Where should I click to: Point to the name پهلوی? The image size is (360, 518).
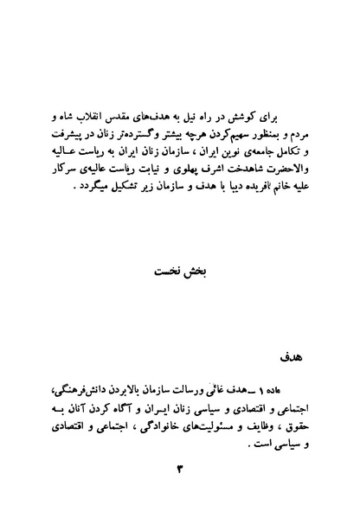coord(177,169)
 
